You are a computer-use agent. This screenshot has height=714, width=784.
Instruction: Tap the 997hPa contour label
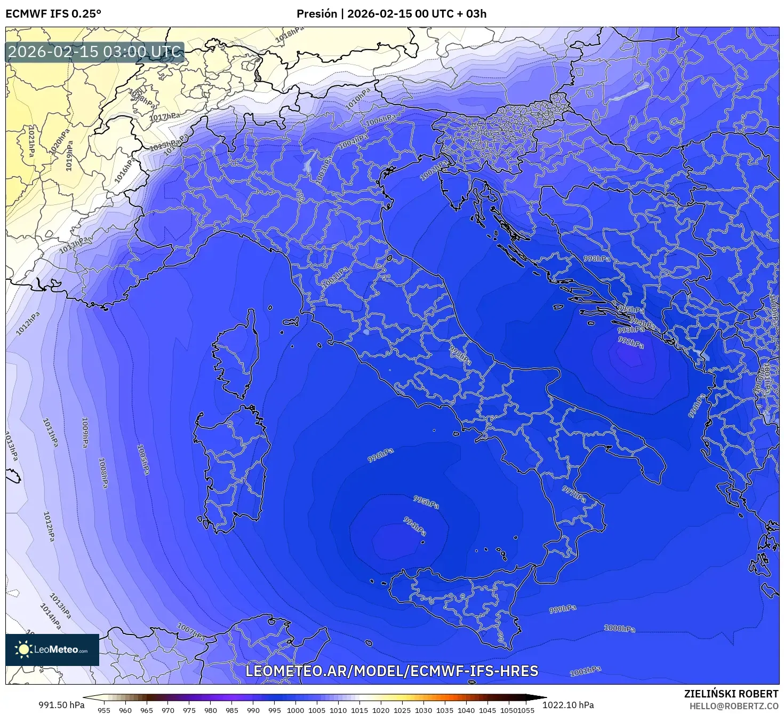point(574,494)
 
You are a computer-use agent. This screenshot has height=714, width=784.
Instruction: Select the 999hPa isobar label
point(563,609)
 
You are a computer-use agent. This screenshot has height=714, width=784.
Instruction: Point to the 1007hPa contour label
point(191,632)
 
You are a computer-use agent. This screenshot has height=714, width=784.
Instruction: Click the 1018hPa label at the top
point(290,34)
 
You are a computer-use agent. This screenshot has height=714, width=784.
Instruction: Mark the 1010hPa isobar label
point(357,100)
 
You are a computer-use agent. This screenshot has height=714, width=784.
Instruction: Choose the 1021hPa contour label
point(31,141)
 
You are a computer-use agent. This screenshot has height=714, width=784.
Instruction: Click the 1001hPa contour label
point(585,671)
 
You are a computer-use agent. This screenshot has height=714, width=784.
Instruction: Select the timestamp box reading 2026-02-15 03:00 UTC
point(95,52)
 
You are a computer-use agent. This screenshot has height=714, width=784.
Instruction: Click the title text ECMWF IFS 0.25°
point(53,14)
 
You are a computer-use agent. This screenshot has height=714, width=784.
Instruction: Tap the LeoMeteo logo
point(52,649)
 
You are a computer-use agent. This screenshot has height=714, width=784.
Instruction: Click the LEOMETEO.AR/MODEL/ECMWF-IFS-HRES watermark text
point(392,671)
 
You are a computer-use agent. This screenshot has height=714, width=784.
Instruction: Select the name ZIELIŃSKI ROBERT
point(731,694)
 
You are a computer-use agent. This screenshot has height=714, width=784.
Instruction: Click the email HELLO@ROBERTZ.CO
point(734,706)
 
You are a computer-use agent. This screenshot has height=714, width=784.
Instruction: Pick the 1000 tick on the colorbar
point(295,710)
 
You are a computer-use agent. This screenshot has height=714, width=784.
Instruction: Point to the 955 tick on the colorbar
point(104,710)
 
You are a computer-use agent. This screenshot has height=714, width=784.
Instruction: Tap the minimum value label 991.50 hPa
point(61,705)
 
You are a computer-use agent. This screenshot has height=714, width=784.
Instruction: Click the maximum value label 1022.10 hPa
point(568,705)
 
